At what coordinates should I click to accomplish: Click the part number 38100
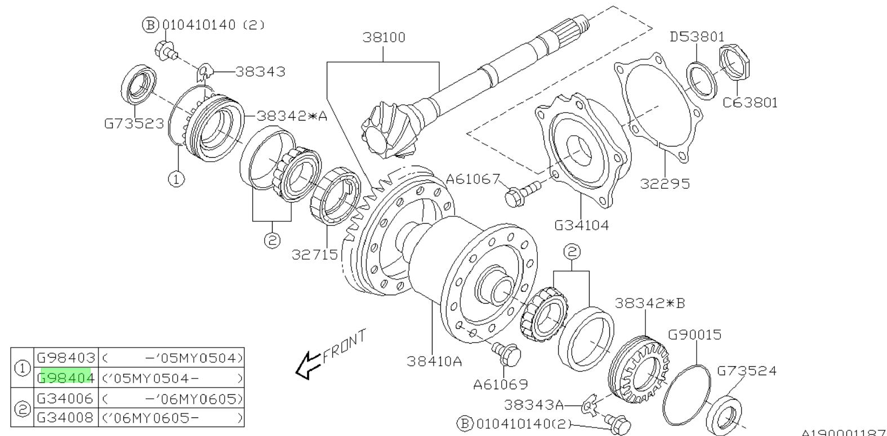coord(383,38)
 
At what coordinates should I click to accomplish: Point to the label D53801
coord(697,37)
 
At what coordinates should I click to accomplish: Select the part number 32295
coord(665,184)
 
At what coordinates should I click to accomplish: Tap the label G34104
coord(582,225)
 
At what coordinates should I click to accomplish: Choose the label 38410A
coord(434,361)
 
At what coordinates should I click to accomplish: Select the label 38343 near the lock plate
coord(260,72)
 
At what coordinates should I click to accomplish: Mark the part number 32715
coord(314,255)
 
